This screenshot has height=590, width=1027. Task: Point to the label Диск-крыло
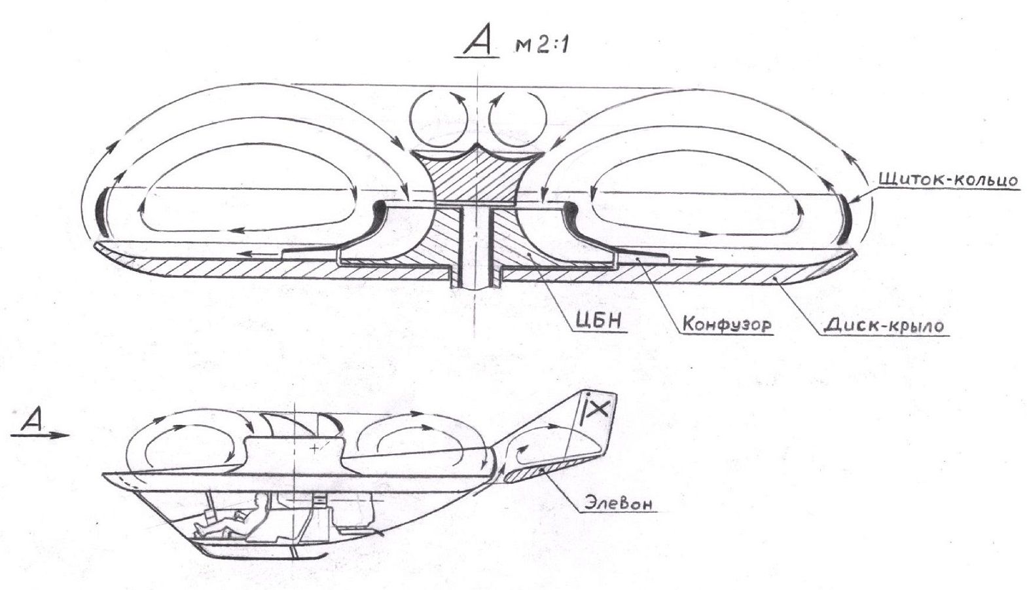click(883, 326)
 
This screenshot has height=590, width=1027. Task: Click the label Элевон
click(618, 504)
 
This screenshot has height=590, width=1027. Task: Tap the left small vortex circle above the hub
click(439, 119)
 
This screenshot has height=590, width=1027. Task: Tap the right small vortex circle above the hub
click(518, 119)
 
